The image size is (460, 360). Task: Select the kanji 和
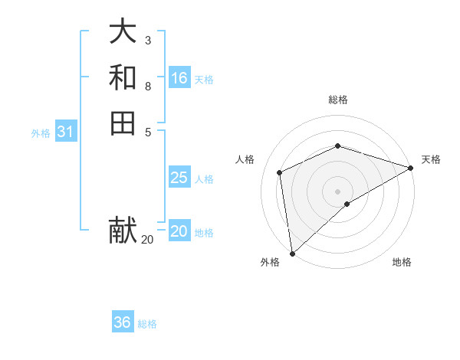123,77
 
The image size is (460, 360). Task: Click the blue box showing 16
179,78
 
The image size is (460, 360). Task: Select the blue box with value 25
179,178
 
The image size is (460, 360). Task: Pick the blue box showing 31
66,132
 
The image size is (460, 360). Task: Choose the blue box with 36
123,322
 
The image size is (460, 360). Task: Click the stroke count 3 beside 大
148,40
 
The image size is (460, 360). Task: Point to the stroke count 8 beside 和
148,87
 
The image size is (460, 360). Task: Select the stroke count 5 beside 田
148,131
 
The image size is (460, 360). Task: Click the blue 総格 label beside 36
147,324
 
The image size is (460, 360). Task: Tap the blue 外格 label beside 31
41,133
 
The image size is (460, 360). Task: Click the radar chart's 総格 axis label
337,100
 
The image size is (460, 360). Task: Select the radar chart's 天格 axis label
431,159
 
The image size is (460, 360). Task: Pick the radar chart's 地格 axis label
402,262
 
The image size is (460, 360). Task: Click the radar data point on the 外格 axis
292,253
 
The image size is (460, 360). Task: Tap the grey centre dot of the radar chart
337,191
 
